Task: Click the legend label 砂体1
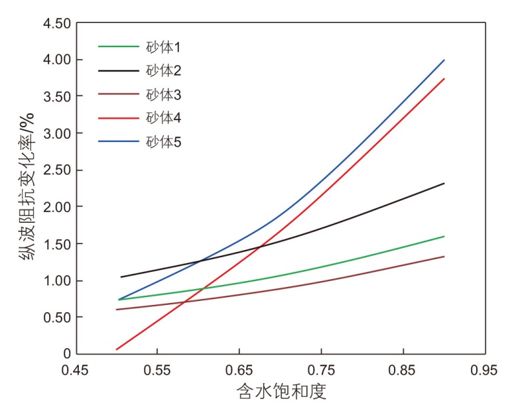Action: (163, 47)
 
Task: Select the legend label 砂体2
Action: (163, 71)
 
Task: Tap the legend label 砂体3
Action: (163, 95)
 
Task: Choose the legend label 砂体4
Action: (163, 118)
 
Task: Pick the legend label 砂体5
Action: (163, 142)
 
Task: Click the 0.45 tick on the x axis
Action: (75, 369)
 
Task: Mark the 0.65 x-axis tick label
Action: (239, 369)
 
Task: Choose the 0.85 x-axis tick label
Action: (403, 369)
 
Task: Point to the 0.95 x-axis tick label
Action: (485, 369)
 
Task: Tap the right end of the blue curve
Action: (444, 60)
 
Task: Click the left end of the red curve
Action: (116, 349)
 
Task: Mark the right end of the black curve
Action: (444, 183)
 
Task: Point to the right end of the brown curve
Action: (444, 256)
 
